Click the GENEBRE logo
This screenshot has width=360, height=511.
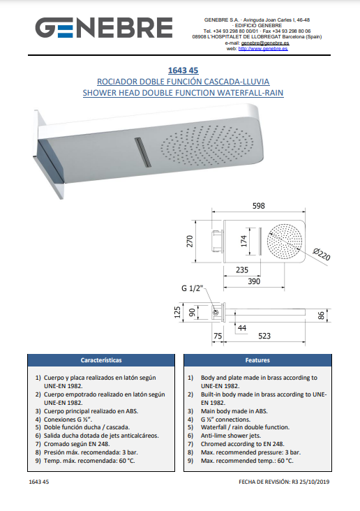[104, 28]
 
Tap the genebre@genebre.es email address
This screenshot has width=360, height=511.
[265, 43]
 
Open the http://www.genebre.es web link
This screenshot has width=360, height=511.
[263, 49]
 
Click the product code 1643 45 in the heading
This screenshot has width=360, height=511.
[183, 71]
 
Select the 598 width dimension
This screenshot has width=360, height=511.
[259, 206]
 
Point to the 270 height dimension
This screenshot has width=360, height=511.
[190, 241]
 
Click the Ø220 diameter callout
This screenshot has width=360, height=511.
[322, 254]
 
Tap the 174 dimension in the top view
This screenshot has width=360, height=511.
[243, 241]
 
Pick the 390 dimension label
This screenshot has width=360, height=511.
[254, 281]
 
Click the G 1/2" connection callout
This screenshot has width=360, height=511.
[193, 288]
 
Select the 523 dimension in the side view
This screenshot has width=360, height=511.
[264, 336]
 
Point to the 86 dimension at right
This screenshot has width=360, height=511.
[321, 316]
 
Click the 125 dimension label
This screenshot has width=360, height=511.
[177, 312]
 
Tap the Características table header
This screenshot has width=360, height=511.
[101, 360]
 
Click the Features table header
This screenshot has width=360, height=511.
[257, 360]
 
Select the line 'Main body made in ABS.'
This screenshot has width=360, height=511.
[234, 411]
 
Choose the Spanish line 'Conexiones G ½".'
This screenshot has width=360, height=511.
[68, 420]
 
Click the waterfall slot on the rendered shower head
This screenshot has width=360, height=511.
[143, 152]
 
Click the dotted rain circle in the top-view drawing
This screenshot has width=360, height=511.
[285, 241]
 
